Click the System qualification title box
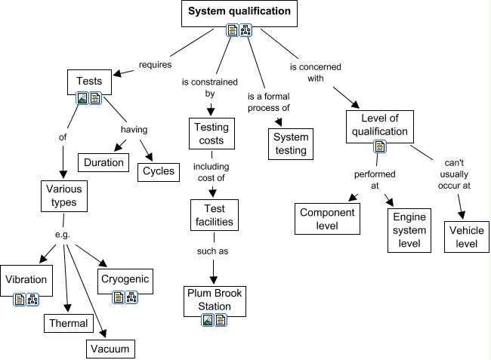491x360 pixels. click(x=239, y=12)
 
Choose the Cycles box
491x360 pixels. click(x=159, y=171)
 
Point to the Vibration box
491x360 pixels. click(x=26, y=280)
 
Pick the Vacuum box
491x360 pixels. click(x=110, y=348)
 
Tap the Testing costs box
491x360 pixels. click(x=211, y=134)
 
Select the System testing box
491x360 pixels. click(x=290, y=143)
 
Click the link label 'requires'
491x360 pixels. click(x=156, y=65)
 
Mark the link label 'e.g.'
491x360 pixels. click(x=63, y=234)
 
